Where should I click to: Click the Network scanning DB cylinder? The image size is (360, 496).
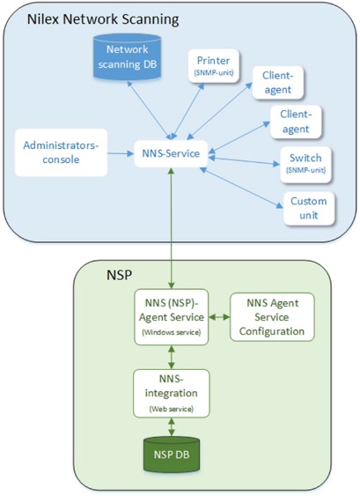click(127, 56)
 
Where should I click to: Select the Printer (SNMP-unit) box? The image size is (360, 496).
click(214, 66)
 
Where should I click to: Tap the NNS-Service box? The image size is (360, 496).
click(171, 153)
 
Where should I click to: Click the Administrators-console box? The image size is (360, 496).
click(61, 152)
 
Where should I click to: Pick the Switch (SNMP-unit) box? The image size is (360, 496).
click(305, 165)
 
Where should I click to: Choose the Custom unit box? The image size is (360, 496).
click(309, 208)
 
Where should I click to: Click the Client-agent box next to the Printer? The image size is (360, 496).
click(278, 83)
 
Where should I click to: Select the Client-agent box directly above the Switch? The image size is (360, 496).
click(296, 122)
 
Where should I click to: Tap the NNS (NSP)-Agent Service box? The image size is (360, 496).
click(172, 317)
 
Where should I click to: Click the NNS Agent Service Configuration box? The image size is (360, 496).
click(272, 317)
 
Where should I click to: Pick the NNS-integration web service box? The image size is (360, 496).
click(172, 393)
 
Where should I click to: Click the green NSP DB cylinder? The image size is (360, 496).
click(172, 455)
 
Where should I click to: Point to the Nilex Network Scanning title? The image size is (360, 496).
click(103, 19)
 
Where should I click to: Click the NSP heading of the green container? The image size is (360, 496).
click(119, 275)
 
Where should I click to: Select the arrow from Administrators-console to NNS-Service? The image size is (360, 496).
click(121, 154)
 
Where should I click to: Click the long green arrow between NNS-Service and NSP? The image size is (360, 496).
click(172, 228)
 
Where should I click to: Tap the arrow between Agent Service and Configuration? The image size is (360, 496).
click(219, 316)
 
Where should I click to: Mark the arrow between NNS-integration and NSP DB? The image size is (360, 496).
click(172, 427)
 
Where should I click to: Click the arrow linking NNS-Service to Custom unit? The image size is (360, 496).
click(242, 188)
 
